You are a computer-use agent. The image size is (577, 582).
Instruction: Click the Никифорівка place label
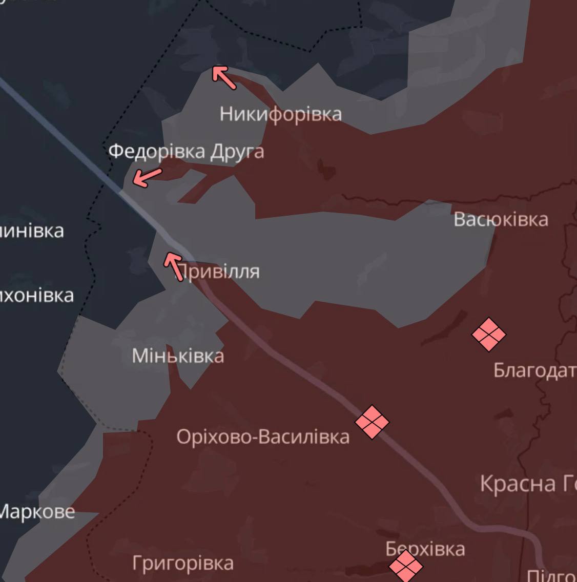pos(280,114)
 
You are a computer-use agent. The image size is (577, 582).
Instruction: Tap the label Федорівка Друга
pos(186,152)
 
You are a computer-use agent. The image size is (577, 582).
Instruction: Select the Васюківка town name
pos(501,219)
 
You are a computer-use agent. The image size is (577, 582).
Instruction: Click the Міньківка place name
pos(178,356)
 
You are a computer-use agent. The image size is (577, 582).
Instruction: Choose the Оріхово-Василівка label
pos(263,437)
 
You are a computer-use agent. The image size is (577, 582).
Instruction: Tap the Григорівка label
pos(182,563)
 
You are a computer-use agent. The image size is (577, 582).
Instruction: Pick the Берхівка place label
pos(425,549)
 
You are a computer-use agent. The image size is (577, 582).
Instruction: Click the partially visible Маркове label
pos(37,511)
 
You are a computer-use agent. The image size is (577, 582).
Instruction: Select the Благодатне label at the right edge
pos(534,370)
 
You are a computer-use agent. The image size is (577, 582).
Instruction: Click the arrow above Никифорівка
pos(224,77)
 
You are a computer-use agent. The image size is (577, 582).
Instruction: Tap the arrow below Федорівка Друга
pos(147,177)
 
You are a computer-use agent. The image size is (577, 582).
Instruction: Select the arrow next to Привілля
pos(174,266)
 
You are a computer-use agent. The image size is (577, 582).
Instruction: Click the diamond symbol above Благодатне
pos(488,335)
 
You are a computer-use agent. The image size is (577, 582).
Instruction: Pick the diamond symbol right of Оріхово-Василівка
pos(372,422)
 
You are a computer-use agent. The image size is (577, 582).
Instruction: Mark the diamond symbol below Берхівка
pos(406,566)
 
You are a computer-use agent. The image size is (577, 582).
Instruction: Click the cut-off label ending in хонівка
pos(37,296)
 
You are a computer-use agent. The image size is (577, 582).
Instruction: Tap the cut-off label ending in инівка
pos(32,231)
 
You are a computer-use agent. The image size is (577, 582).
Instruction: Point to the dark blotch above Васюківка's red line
pos(325,169)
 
